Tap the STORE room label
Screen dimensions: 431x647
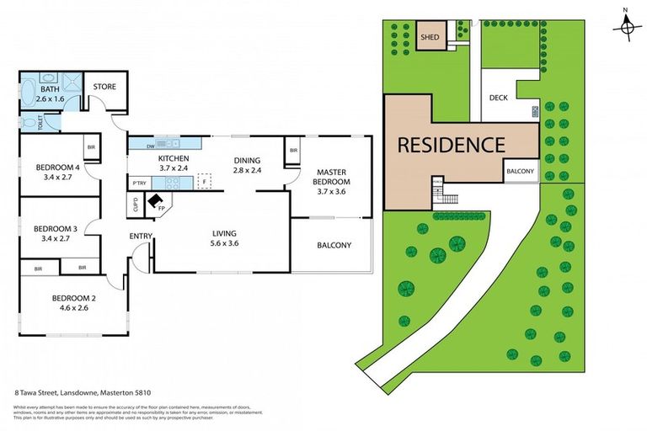[x=104, y=86]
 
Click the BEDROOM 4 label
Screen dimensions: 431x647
[x=57, y=168]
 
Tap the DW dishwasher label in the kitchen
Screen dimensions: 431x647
[x=137, y=142]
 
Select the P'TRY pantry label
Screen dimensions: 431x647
[x=140, y=183]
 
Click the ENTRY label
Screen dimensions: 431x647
[x=140, y=237]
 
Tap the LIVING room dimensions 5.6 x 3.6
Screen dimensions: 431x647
[x=223, y=243]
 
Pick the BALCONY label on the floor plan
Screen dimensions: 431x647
[x=334, y=246]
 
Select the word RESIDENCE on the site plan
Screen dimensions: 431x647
[x=451, y=144]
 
